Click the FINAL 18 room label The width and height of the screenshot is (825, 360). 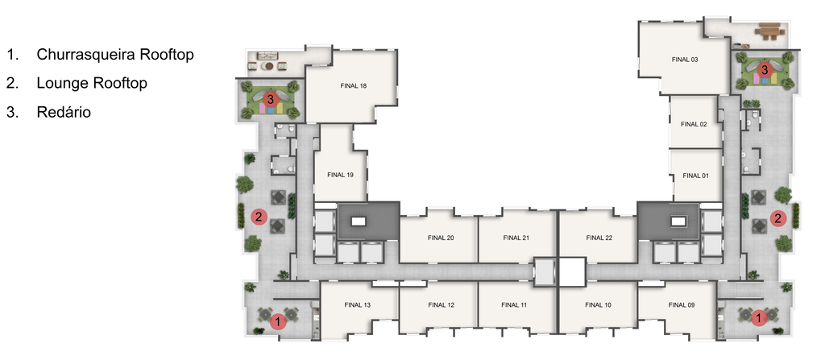353,86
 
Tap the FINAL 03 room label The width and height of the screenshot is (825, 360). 685,60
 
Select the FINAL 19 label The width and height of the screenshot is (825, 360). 340,175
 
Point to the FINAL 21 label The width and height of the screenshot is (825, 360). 516,238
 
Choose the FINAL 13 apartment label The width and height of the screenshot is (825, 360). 357,304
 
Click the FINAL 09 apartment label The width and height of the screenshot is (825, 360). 682,304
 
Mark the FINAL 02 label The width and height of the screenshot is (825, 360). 694,124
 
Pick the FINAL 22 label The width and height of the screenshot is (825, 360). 599,238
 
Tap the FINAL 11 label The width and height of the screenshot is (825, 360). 514,304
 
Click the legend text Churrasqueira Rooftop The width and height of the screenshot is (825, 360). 115,54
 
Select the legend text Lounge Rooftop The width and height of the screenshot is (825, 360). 92,83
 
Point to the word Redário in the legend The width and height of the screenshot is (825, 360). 64,112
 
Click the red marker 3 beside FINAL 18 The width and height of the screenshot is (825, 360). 270,99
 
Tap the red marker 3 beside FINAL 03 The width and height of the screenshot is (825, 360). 765,69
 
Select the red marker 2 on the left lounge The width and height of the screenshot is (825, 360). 259,217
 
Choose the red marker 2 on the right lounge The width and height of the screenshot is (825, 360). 778,218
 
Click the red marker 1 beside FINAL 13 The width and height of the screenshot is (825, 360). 278,321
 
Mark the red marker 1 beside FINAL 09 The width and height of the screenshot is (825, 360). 759,318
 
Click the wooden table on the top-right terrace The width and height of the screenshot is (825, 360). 769,31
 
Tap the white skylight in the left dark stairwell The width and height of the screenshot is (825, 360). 359,221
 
